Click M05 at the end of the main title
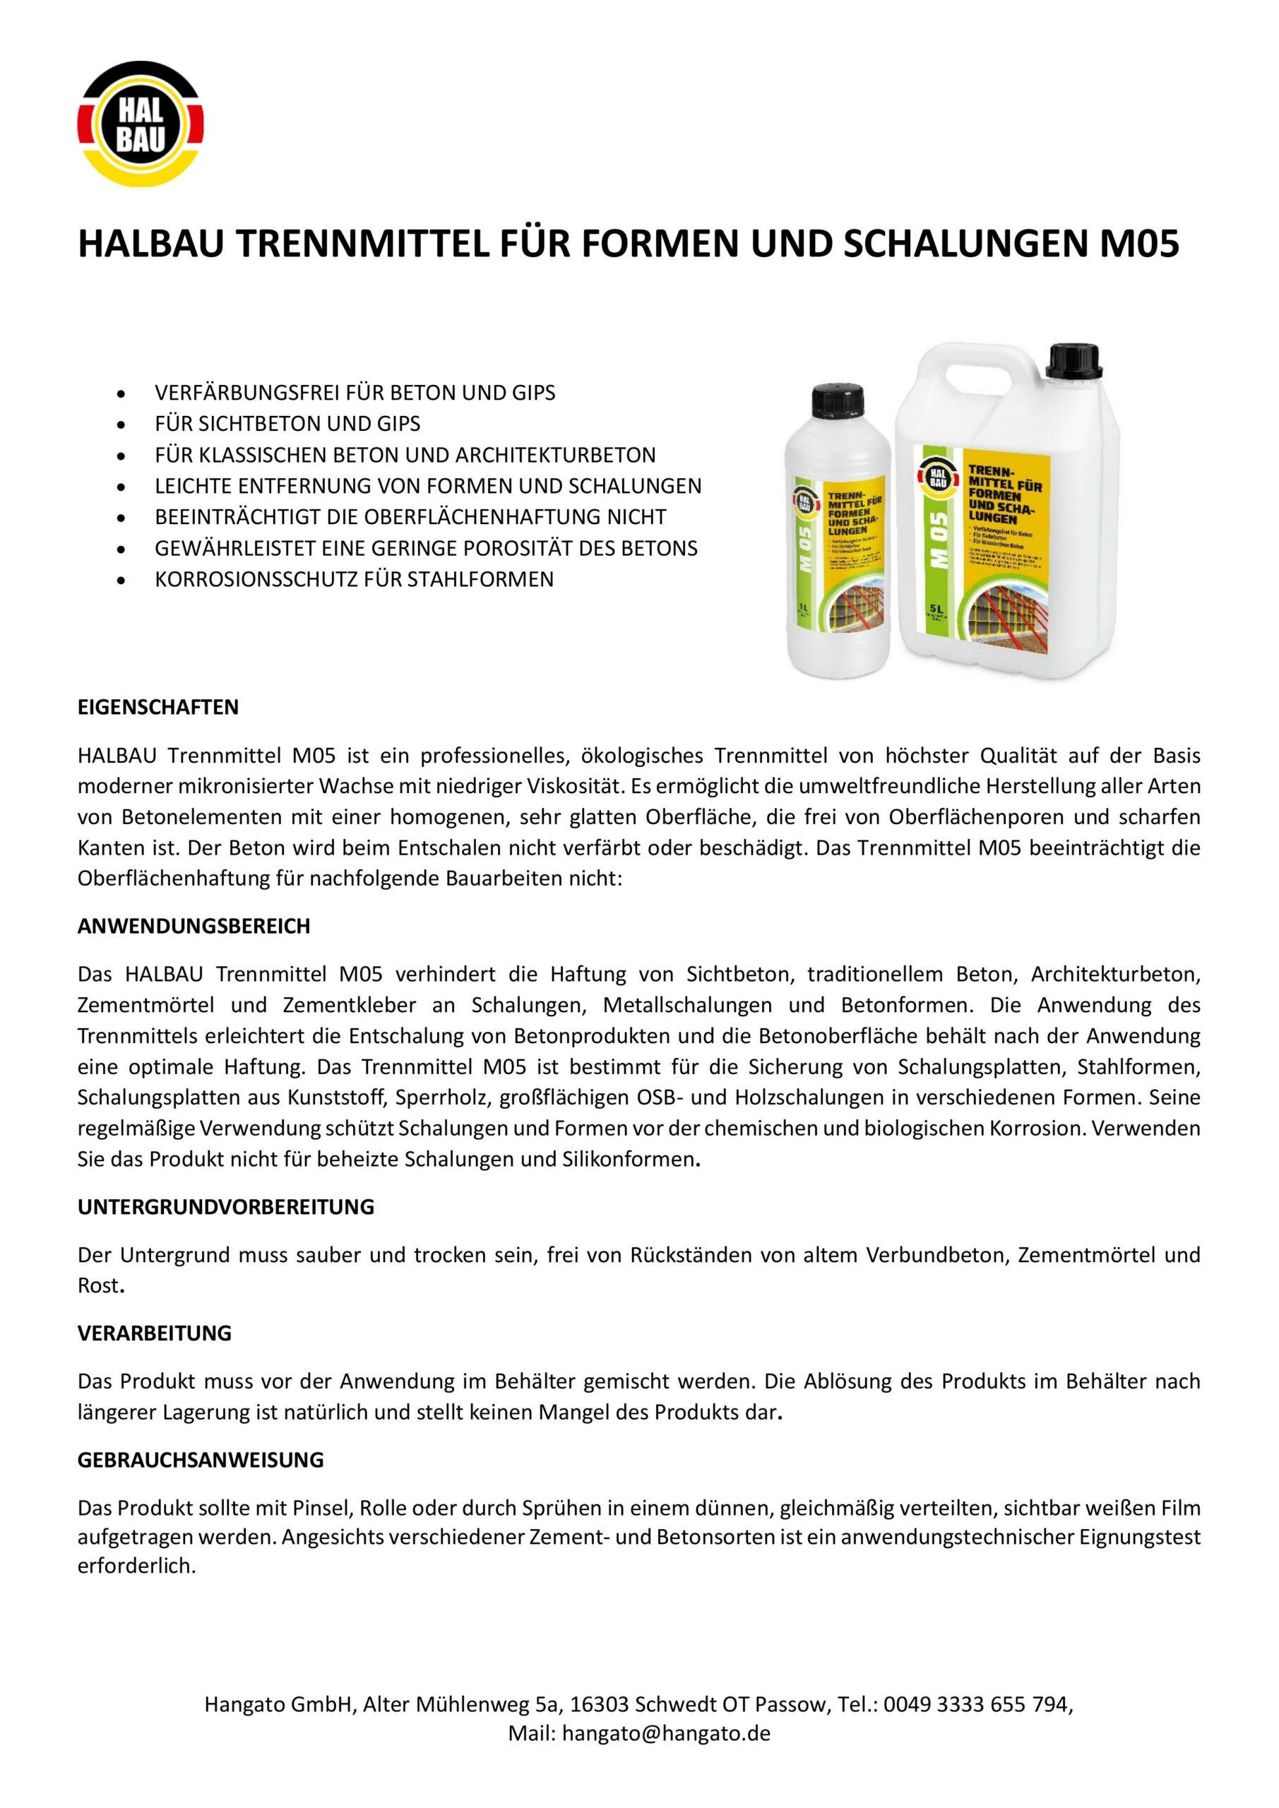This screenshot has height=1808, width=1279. (x=1139, y=245)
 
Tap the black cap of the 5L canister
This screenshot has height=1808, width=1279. (x=1078, y=363)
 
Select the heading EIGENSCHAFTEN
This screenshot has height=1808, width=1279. (x=157, y=707)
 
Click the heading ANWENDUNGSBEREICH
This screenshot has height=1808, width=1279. (x=194, y=926)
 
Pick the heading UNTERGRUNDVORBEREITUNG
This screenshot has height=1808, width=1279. (x=226, y=1207)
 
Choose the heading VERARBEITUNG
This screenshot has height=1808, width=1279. (x=155, y=1333)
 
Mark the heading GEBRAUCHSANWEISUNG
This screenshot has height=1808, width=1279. (x=201, y=1460)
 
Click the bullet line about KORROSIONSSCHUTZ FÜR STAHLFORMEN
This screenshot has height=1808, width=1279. (x=354, y=579)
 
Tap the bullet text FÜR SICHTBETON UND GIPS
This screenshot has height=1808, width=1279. (x=287, y=424)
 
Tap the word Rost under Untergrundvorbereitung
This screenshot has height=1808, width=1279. (x=97, y=1286)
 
